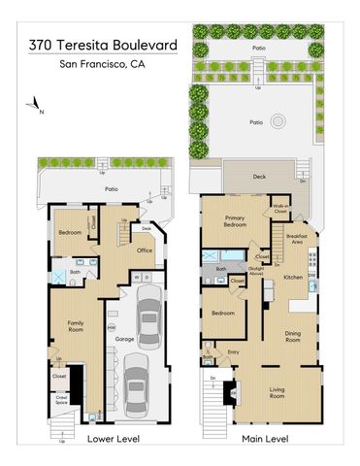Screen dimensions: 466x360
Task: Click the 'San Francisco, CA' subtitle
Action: pos(102,65)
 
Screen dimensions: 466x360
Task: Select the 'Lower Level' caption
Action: pos(114,439)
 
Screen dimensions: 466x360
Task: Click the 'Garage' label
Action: pos(124,339)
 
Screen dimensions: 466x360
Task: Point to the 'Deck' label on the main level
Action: pos(260,177)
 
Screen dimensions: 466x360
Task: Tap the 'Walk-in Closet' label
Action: pos(282,208)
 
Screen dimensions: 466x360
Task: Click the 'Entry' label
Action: pos(233,352)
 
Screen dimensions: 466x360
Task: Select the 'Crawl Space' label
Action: pos(61,400)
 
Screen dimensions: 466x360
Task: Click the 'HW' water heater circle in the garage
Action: pos(111,328)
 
